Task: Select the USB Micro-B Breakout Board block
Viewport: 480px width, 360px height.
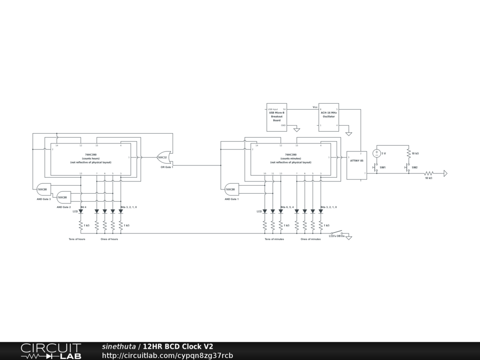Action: [277, 117]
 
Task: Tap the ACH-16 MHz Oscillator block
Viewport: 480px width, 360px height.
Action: [329, 117]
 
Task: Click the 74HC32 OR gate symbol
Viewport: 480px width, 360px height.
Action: [163, 157]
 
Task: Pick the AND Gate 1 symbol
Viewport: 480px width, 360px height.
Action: [231, 189]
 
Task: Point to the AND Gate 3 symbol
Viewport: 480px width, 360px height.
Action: [43, 189]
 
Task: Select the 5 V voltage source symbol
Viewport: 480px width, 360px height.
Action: [376, 153]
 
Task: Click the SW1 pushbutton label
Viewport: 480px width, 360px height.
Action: [382, 167]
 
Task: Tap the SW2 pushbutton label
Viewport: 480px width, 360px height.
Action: [414, 167]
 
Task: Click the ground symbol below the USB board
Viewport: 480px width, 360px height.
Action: [296, 129]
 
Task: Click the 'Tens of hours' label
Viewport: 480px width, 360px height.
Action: [77, 239]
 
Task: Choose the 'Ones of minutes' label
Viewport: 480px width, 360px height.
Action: [311, 239]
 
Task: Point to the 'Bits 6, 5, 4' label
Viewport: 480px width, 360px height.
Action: [287, 207]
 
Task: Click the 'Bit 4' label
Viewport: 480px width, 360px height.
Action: [83, 207]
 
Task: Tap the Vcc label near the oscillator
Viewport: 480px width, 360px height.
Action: [315, 107]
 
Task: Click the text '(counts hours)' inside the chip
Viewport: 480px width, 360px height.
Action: [91, 158]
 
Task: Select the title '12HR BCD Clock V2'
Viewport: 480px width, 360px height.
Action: [178, 346]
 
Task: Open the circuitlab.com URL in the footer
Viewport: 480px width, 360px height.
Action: [167, 355]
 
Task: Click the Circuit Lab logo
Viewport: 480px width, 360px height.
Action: [51, 351]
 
